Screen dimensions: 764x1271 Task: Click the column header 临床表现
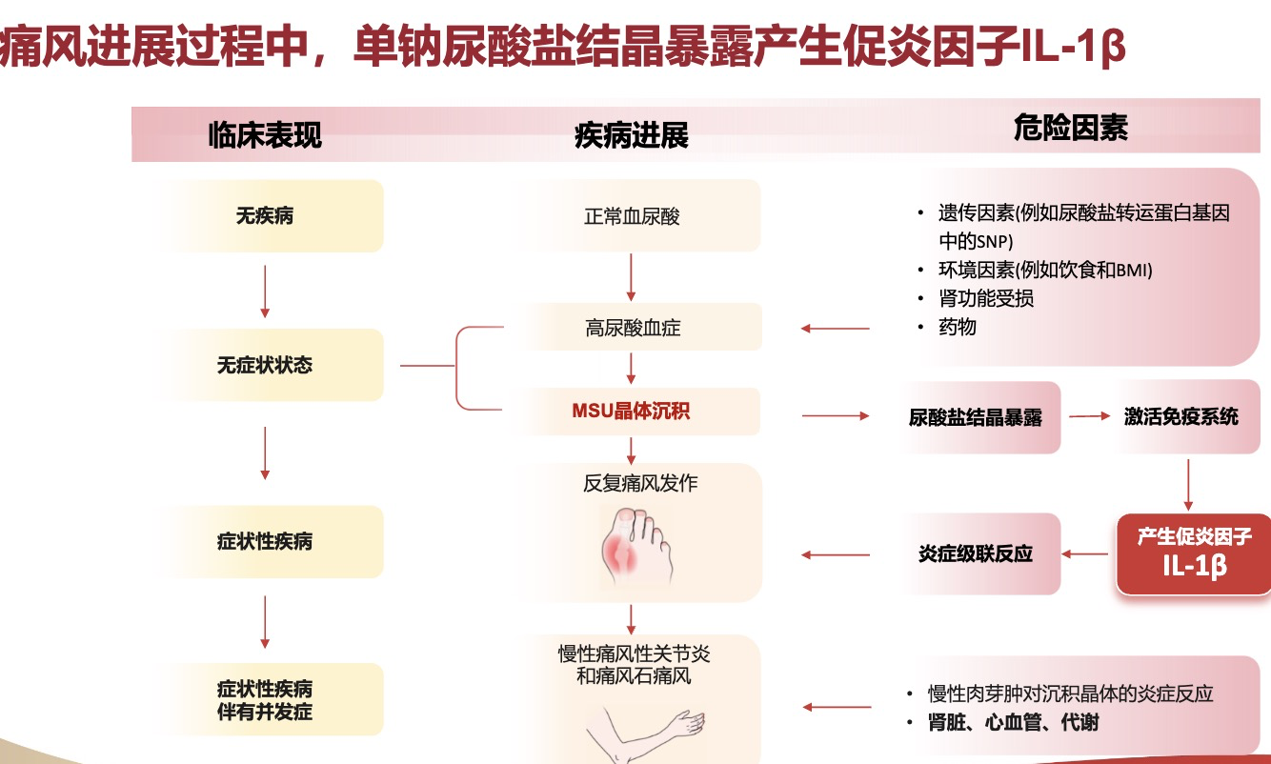(x=265, y=135)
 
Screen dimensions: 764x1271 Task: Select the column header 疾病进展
(x=632, y=135)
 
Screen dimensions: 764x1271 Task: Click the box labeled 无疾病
(x=265, y=216)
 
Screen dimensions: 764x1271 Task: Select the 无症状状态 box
(x=265, y=365)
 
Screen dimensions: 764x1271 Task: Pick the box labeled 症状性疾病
(x=265, y=542)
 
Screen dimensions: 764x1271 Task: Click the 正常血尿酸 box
(x=632, y=216)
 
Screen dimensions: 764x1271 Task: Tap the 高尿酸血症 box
(x=632, y=329)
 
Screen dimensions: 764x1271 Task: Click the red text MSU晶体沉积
(x=632, y=412)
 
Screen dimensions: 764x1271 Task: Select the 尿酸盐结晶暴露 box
(x=976, y=417)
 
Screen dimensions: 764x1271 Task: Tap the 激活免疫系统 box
(x=1181, y=416)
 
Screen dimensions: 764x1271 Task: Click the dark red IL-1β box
(x=1193, y=553)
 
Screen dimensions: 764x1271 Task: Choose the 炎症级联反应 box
(x=976, y=553)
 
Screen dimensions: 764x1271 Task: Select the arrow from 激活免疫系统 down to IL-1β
(x=1188, y=485)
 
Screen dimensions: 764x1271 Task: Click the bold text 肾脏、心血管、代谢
(x=1013, y=723)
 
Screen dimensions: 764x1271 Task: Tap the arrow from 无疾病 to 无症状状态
(x=265, y=292)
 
